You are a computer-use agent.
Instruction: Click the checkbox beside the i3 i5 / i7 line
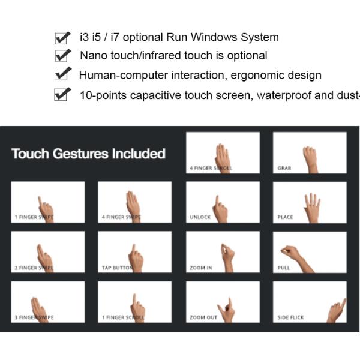point(61,38)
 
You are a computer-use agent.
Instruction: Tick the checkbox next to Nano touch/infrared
point(61,56)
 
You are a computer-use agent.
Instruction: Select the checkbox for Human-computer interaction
point(61,75)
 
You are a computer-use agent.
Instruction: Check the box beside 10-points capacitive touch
point(61,95)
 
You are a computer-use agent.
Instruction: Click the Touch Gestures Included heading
point(88,154)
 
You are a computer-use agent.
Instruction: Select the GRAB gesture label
point(284,169)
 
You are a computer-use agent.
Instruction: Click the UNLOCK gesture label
point(200,217)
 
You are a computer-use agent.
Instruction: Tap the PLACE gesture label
point(285,217)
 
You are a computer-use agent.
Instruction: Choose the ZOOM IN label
point(200,268)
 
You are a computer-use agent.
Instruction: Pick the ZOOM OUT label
point(202,317)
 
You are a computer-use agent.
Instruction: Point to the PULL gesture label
point(283,268)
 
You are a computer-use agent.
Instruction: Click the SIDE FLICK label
point(290,317)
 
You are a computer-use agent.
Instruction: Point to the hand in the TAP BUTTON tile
point(136,259)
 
